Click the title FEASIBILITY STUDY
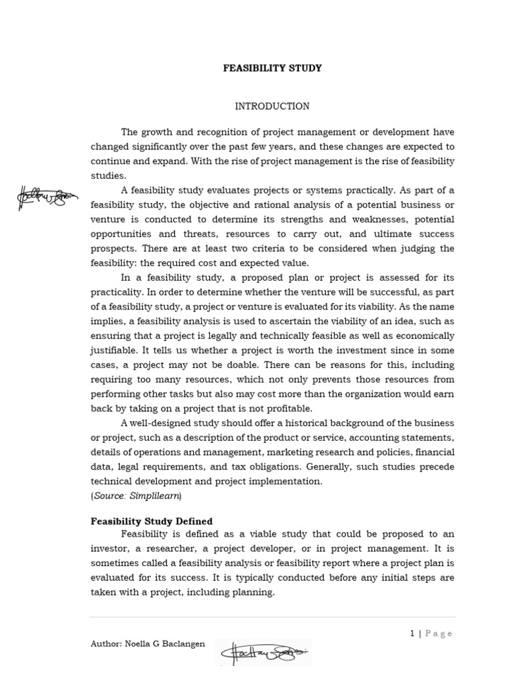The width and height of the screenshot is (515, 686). pos(272,68)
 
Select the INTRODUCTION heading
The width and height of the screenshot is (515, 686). pos(272,107)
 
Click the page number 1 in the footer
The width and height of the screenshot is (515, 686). pos(412,633)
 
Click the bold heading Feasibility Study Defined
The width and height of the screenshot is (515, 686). pos(152,521)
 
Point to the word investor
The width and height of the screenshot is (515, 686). pos(113,548)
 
